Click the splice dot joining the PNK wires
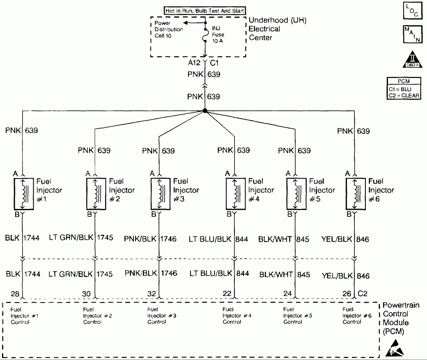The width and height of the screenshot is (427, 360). click(204, 111)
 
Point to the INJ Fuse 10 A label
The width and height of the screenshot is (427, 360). click(218, 34)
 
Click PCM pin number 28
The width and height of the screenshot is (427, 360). click(15, 294)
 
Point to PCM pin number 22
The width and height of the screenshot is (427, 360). click(227, 294)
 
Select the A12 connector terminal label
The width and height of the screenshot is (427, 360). click(195, 63)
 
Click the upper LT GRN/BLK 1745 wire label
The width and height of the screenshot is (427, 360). click(80, 238)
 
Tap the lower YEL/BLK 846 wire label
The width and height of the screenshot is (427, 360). click(346, 275)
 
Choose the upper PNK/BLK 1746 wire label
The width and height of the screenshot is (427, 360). click(150, 238)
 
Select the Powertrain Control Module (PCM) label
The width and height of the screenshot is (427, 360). click(401, 319)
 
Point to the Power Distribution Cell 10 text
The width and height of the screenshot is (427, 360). click(169, 30)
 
